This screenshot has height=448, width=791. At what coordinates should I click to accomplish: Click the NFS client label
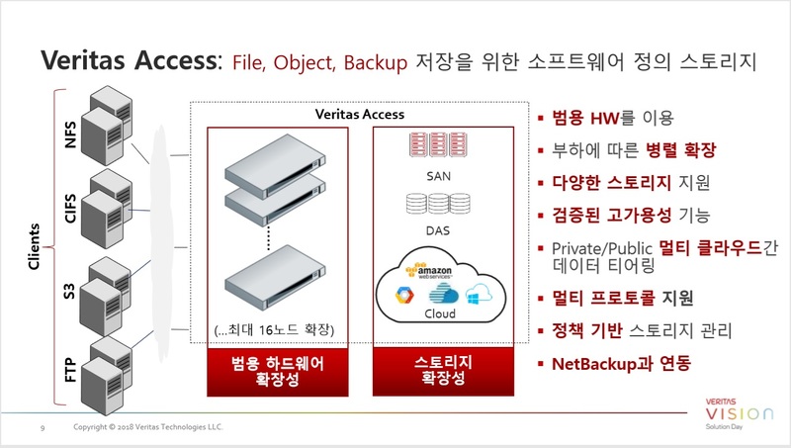point(70,134)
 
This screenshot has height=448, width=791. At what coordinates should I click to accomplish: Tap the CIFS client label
point(70,209)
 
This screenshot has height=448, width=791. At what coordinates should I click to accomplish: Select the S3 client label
point(69,291)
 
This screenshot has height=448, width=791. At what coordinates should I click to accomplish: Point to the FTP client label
point(70,370)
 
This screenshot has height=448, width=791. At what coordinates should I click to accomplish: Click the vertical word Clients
point(34,246)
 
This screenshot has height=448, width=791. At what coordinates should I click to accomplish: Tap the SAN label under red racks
point(438,176)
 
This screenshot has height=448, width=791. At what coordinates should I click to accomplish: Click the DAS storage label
point(438,230)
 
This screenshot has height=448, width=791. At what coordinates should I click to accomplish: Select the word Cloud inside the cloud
point(440,314)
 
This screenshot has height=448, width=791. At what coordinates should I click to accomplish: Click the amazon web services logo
point(429,271)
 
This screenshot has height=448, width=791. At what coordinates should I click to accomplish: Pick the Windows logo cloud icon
point(479,294)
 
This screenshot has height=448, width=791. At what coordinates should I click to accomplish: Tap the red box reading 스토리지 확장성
point(443,371)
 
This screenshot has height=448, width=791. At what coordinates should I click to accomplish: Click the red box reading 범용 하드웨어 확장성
point(278,372)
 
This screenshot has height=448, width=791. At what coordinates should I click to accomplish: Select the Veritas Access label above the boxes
point(360,114)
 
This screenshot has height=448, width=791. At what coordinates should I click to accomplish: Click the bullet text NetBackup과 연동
point(622,364)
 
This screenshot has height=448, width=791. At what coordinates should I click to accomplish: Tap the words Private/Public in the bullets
point(602,248)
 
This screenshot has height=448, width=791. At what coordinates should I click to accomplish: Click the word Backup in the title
point(376,62)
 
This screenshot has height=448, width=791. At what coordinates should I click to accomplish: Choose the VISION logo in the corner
point(739,413)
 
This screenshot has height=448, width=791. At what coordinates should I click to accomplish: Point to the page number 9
point(43,428)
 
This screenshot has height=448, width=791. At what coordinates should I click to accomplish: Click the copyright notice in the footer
point(147,427)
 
